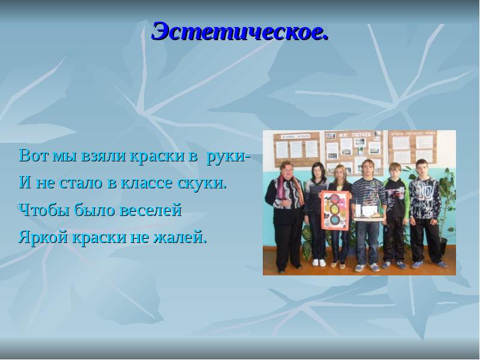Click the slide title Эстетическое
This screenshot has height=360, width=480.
(240, 31)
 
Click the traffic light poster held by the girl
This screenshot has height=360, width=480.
(335, 210)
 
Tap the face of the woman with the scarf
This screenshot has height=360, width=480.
(287, 169)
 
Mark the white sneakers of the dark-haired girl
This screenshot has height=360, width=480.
(319, 262)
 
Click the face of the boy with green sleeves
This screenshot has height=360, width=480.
(395, 170)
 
